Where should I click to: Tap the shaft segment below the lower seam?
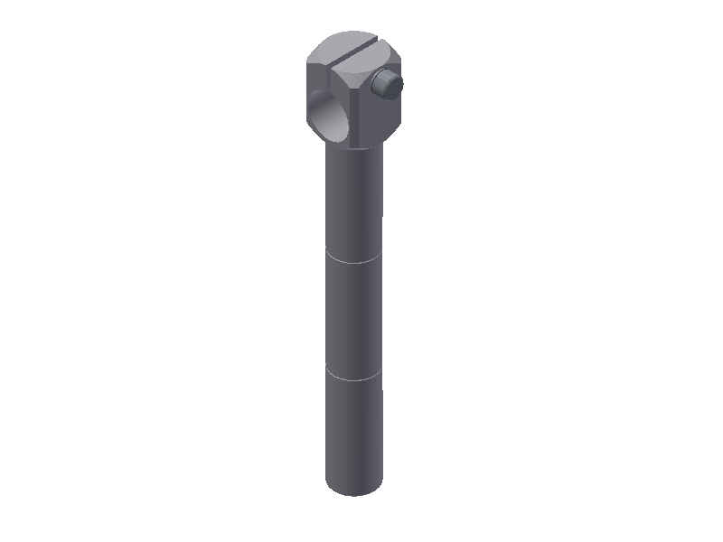coord(353,434)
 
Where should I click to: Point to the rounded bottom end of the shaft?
coord(353,491)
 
